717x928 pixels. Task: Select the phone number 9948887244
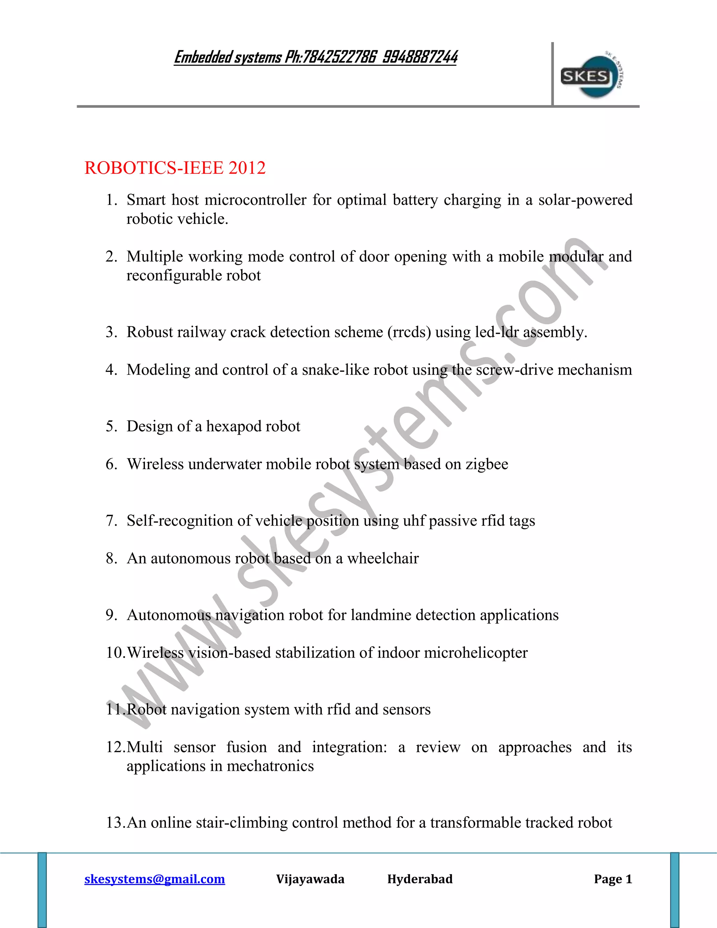(x=420, y=57)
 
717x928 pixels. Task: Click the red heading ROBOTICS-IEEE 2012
(x=175, y=168)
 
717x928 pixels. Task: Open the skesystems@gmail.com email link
(x=155, y=879)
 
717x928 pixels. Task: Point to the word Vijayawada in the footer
(x=310, y=879)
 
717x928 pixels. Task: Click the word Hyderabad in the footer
(x=420, y=879)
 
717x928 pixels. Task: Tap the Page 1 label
(x=613, y=879)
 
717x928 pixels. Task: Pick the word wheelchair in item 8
(x=383, y=558)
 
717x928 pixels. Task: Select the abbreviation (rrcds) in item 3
(x=409, y=332)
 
